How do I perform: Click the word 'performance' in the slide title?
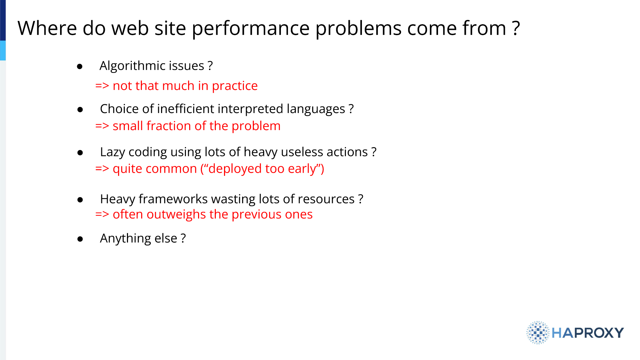tap(251, 29)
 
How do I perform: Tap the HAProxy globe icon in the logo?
tap(538, 333)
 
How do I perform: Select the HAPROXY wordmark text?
tap(588, 333)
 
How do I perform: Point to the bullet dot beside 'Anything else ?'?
tap(80, 239)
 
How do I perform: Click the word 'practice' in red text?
tap(235, 86)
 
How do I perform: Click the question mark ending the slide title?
tap(516, 28)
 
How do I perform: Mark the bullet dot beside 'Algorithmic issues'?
tap(80, 66)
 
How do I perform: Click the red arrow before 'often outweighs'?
tap(102, 215)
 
